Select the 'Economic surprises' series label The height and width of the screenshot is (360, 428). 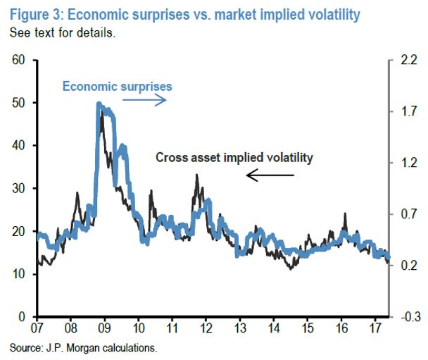[118, 87]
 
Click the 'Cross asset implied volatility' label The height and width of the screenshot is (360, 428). [233, 158]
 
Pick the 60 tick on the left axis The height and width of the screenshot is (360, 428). [18, 61]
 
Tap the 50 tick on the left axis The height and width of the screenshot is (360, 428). [18, 104]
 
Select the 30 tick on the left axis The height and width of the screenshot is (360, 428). [18, 189]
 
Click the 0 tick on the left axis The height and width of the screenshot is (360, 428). [22, 317]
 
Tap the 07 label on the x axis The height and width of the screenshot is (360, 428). [37, 328]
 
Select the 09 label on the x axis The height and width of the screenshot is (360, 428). [104, 328]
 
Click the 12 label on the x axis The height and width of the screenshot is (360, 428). [206, 328]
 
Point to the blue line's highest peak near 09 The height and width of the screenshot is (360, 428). [99, 106]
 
